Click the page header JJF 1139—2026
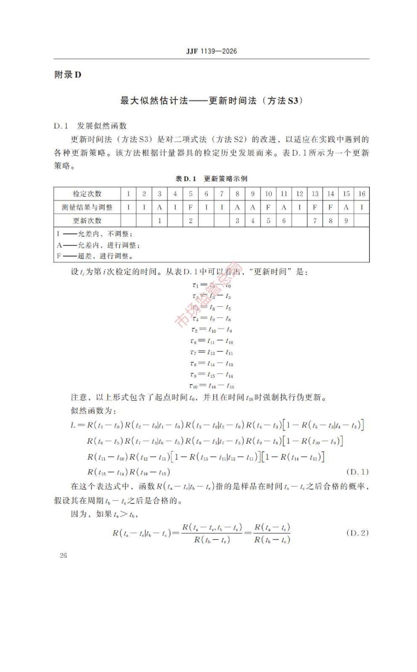point(211,51)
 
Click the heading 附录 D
point(68,75)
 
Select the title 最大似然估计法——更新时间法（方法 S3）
point(211,101)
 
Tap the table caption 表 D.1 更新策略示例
point(211,179)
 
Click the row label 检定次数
point(87,194)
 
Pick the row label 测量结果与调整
point(87,207)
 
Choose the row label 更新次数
point(87,221)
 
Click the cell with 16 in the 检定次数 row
point(361,194)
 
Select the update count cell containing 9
point(346,221)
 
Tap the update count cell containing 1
point(159,221)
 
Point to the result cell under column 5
point(190,207)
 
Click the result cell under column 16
point(361,207)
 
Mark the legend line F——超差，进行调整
point(95,256)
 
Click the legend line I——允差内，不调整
point(95,234)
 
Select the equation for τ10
point(211,386)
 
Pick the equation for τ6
point(211,341)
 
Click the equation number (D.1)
point(357,472)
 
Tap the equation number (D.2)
point(357,533)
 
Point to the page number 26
point(63,555)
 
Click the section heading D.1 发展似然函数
point(90,126)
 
